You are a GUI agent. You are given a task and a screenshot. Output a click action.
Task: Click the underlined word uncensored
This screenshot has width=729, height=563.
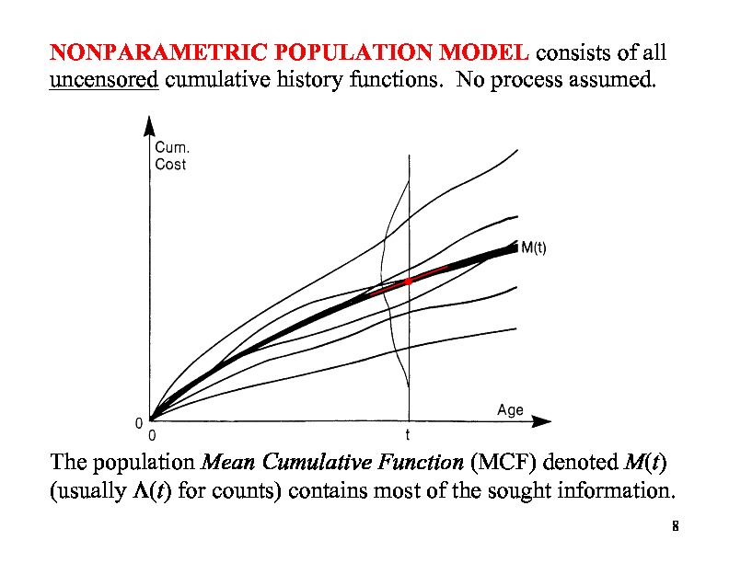(x=104, y=79)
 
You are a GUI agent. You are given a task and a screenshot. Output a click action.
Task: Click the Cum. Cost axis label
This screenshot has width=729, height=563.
(x=170, y=156)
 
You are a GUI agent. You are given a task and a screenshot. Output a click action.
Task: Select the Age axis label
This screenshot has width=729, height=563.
(x=509, y=410)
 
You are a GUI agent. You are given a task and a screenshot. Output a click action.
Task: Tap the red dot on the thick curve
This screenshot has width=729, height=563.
(x=409, y=281)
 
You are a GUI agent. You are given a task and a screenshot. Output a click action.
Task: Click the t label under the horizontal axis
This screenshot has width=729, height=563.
(x=409, y=434)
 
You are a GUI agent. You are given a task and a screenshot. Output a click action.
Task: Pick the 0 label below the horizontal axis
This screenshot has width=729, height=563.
(x=152, y=434)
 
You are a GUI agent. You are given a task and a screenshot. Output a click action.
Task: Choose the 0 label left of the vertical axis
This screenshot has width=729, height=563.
(x=138, y=423)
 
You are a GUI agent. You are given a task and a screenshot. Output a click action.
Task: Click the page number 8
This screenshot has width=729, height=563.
(x=675, y=527)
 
